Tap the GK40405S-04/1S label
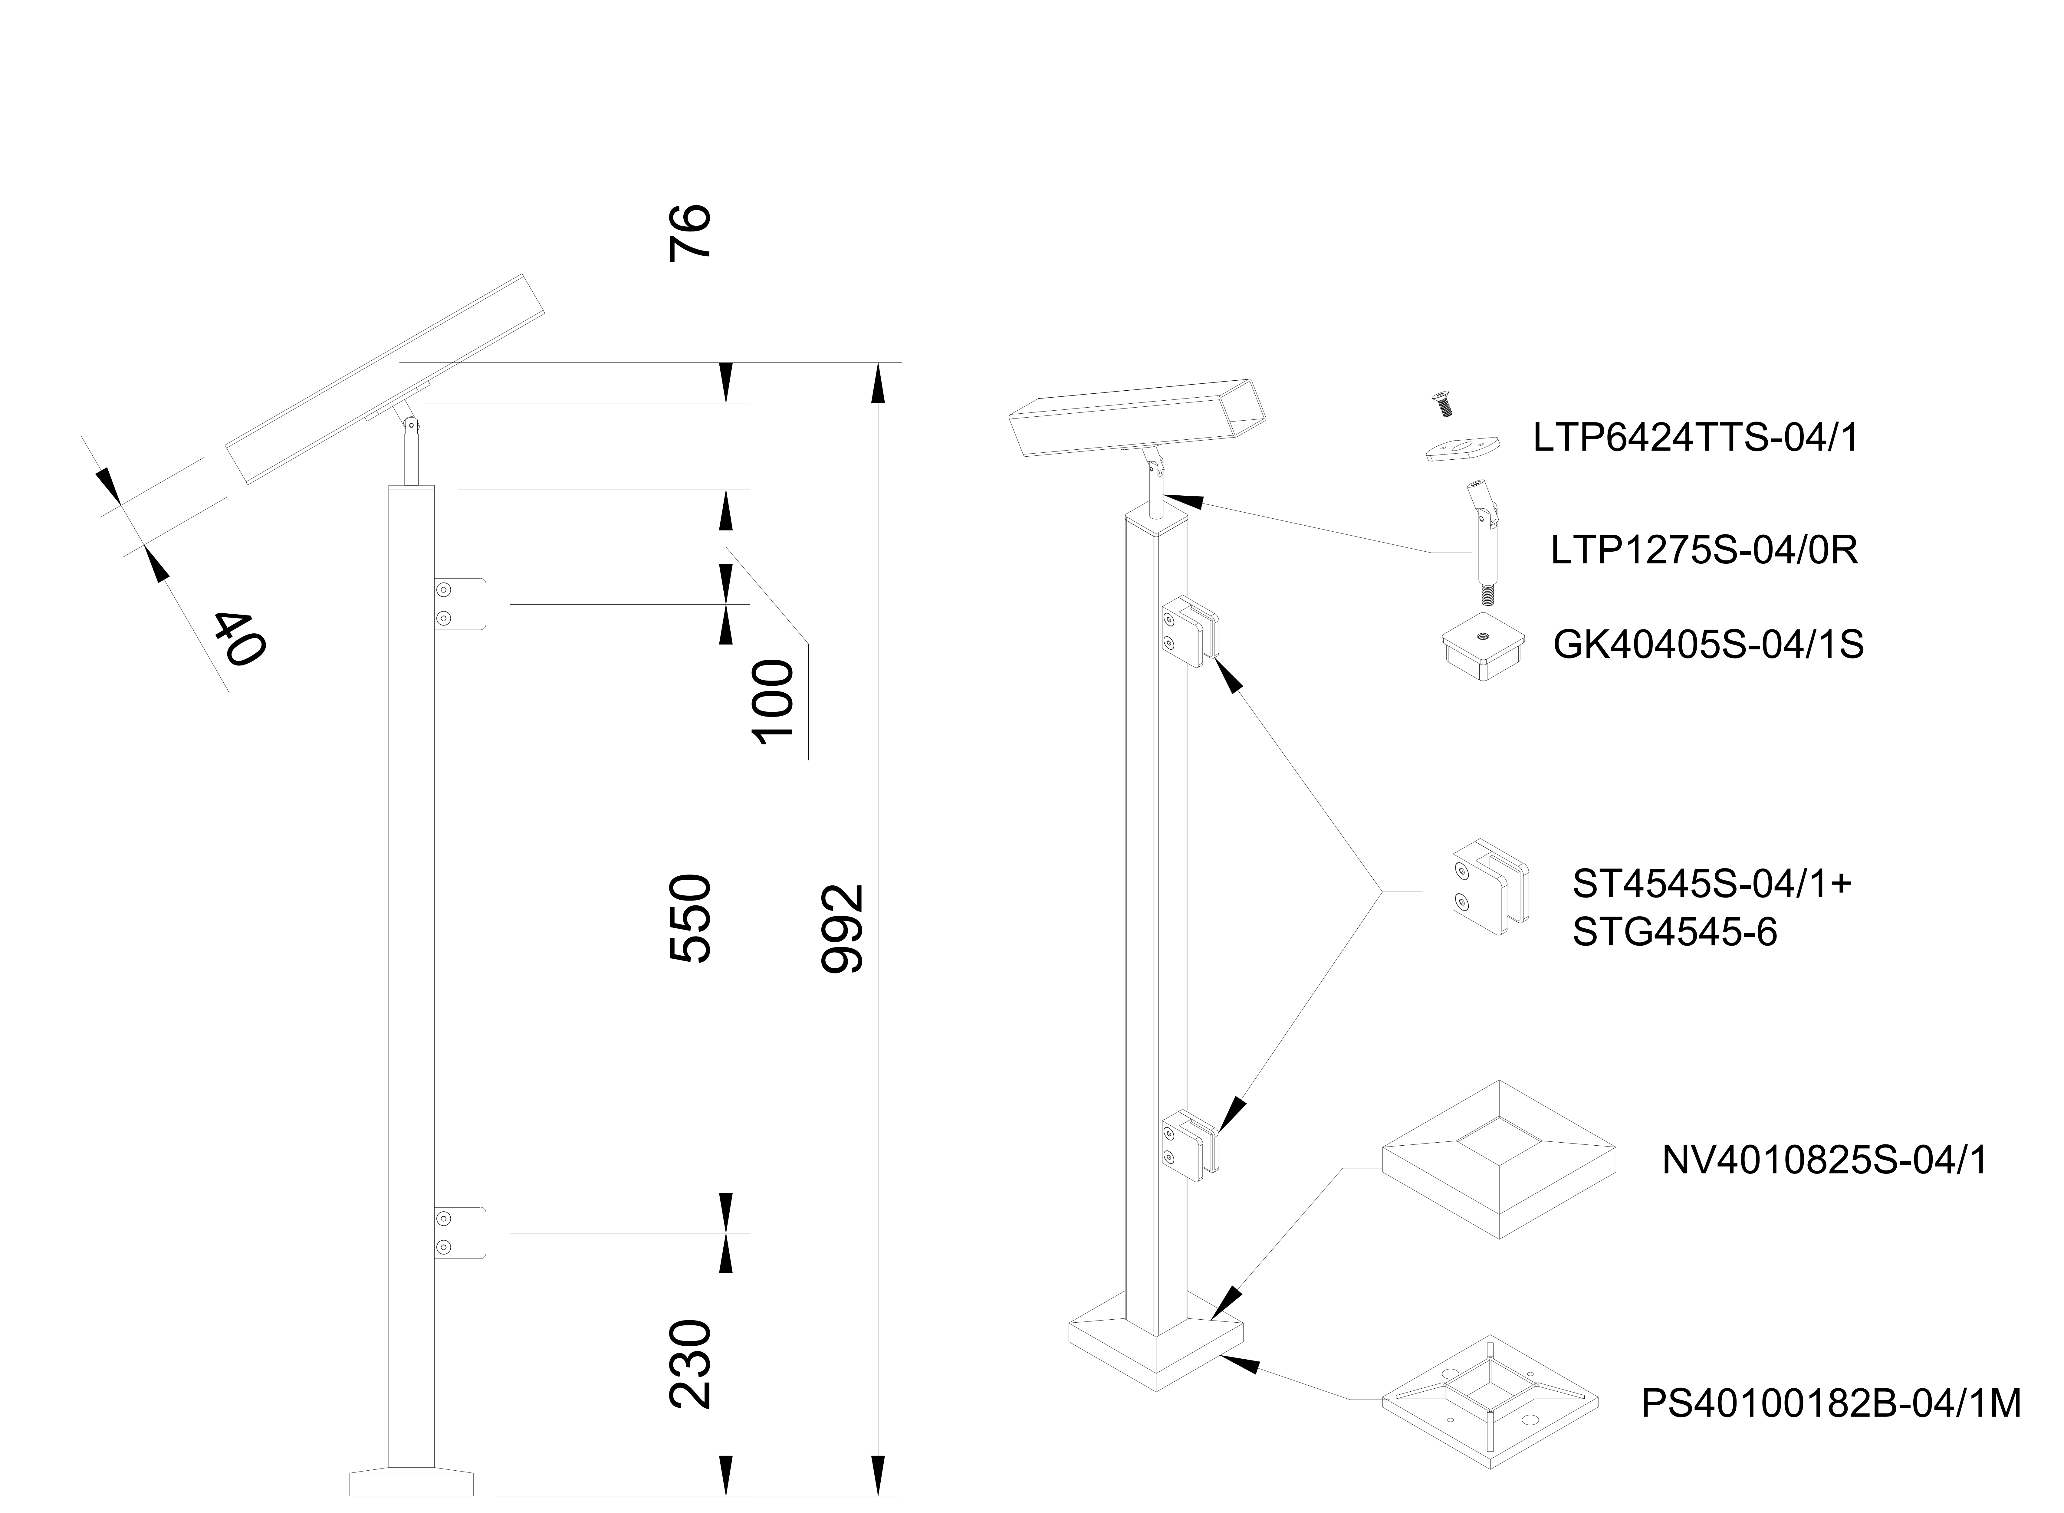[1708, 645]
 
